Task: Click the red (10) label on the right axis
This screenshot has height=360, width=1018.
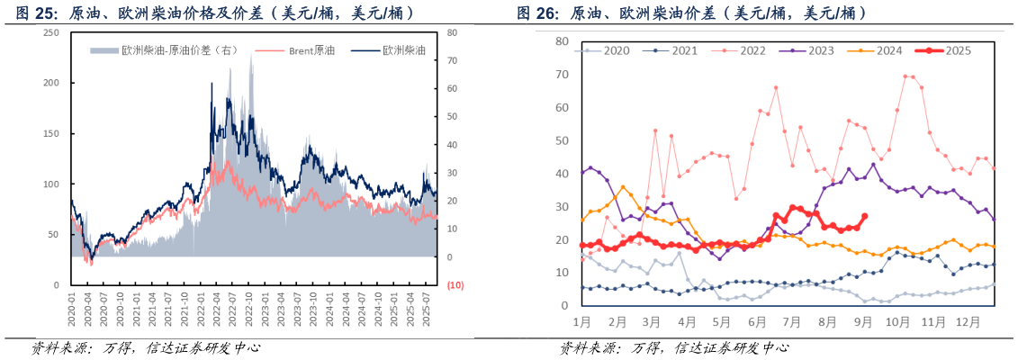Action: [x=455, y=285]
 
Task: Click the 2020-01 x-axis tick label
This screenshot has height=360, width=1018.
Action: [x=71, y=308]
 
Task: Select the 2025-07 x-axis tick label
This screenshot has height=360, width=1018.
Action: [x=427, y=308]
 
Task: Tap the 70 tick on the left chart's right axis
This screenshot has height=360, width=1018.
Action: [x=452, y=60]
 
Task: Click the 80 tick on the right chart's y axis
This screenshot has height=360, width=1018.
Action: [x=561, y=41]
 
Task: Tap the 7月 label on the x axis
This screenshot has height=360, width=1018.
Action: [x=794, y=319]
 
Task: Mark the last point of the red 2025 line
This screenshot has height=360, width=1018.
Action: [x=865, y=216]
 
